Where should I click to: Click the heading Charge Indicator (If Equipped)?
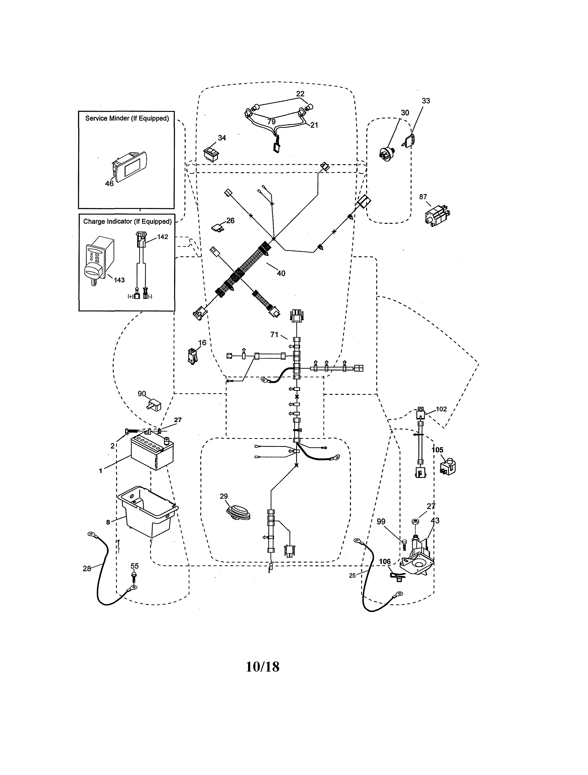(x=127, y=221)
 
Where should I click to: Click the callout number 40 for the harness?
(x=281, y=273)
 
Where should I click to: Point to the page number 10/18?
(x=262, y=667)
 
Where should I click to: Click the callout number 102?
(x=441, y=409)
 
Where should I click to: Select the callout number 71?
(x=274, y=334)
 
